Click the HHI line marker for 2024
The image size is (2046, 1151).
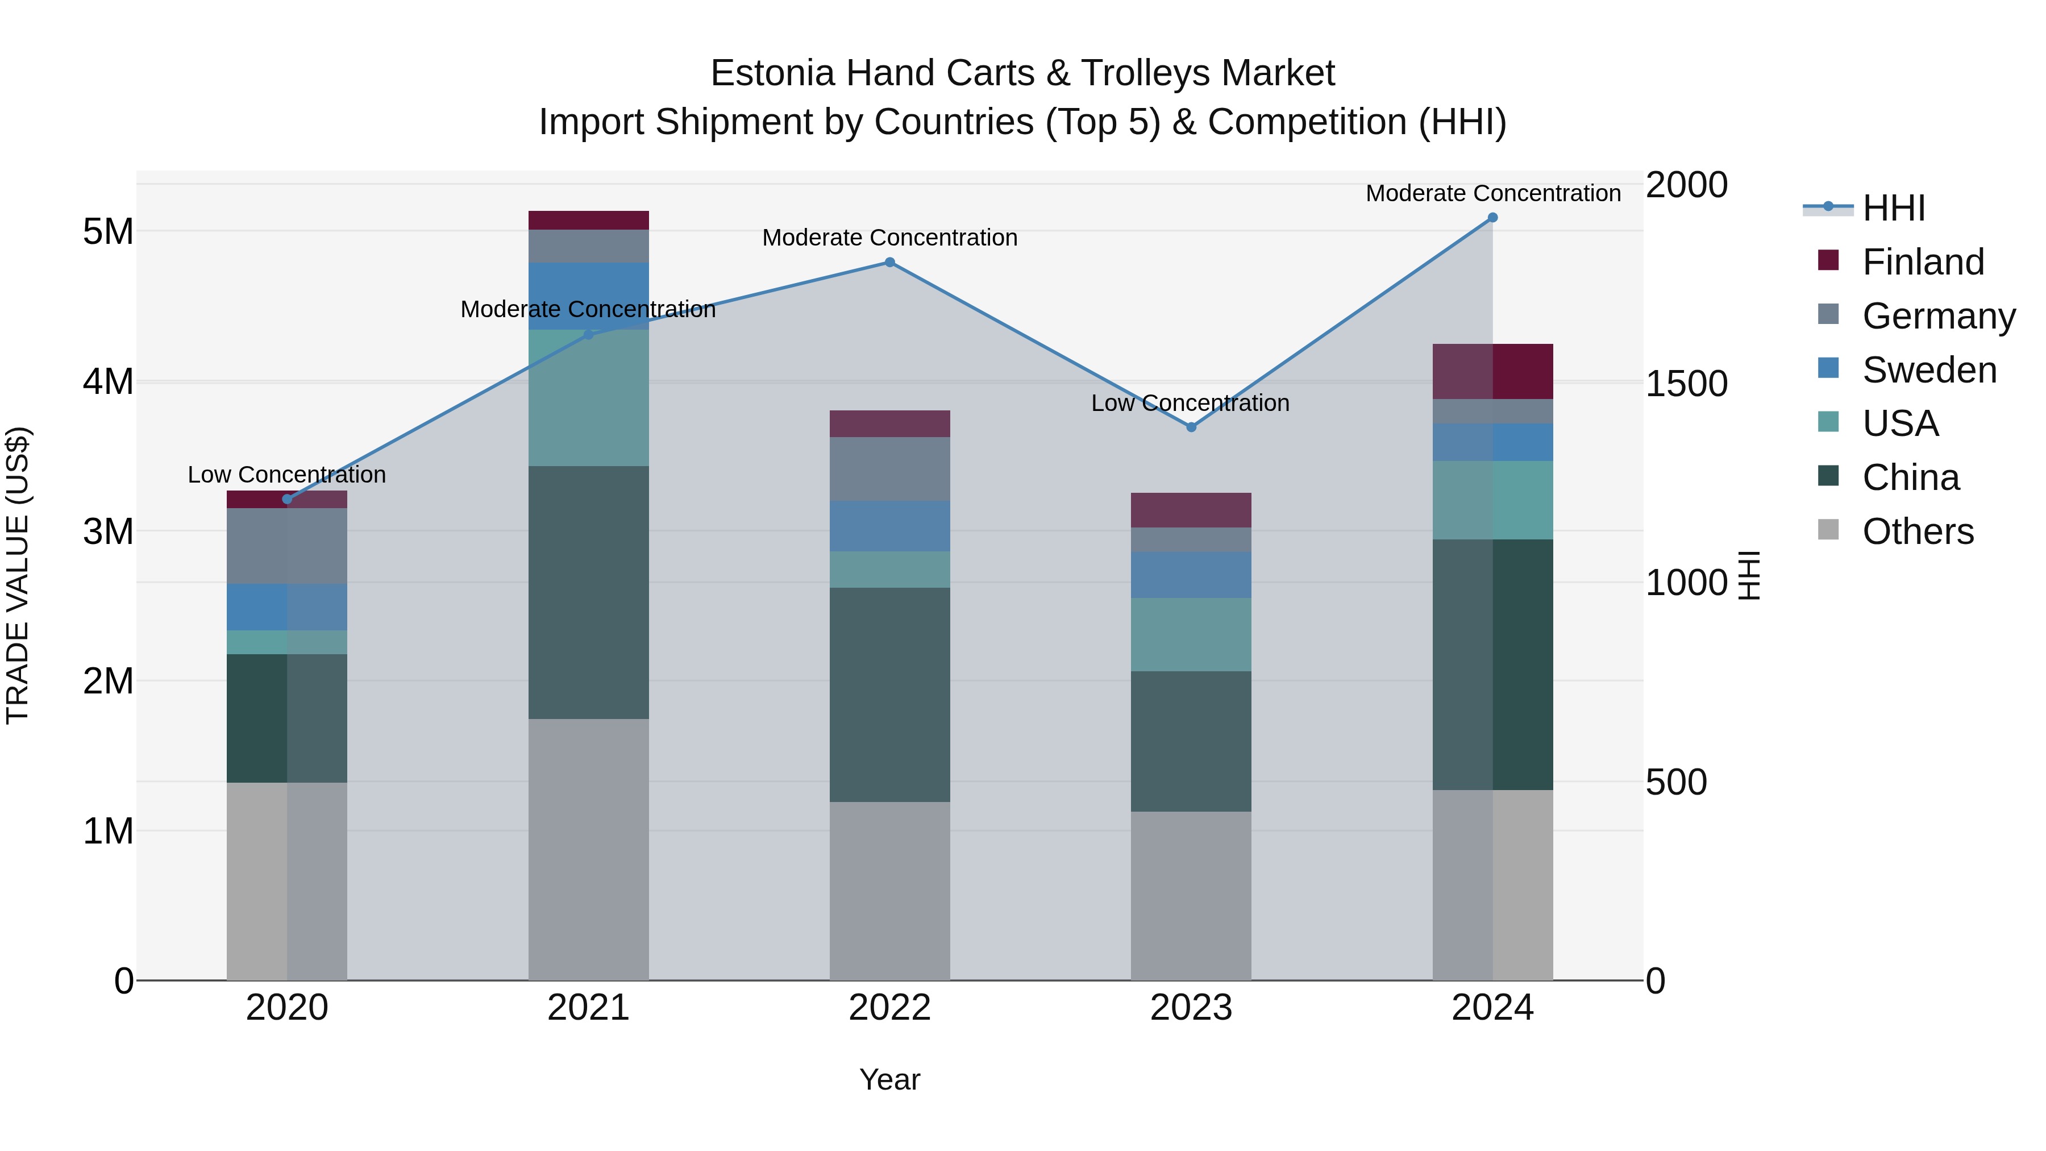[1492, 218]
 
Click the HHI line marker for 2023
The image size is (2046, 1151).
[1191, 427]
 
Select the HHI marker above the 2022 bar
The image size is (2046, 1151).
[889, 263]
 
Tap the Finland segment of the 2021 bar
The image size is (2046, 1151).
[589, 220]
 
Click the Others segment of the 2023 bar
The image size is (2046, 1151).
[1191, 895]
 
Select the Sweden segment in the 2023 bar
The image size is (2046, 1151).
[1191, 575]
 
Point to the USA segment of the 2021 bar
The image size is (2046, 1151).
[589, 397]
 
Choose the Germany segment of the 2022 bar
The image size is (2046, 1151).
[889, 469]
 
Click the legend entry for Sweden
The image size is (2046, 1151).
[1928, 370]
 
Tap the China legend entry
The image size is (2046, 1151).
[1910, 478]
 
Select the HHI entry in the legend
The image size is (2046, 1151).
[1893, 208]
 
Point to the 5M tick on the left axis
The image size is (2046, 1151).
[108, 232]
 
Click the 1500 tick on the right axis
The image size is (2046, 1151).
[1686, 384]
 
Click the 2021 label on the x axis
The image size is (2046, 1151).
[589, 1008]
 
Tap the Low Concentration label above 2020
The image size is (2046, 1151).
[287, 475]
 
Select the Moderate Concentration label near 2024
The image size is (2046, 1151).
[1492, 193]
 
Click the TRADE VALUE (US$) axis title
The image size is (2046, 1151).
[18, 575]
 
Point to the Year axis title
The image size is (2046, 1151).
[889, 1079]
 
